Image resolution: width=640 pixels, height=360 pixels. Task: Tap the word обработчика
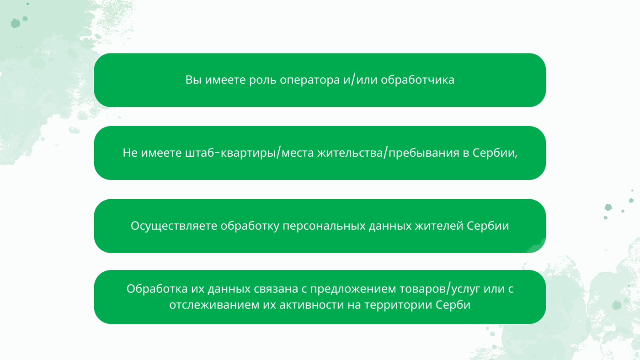tap(417, 79)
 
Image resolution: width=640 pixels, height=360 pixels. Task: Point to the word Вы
tap(193, 79)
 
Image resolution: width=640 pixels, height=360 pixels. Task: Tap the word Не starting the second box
tap(130, 153)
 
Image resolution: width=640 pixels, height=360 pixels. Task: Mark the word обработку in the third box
tap(250, 226)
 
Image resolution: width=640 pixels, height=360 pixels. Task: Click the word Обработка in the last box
tap(157, 289)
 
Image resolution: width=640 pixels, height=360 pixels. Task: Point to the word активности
tap(312, 305)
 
